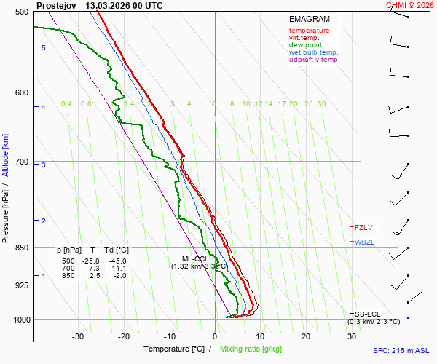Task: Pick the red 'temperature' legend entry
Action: [309, 31]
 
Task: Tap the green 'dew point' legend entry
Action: [305, 45]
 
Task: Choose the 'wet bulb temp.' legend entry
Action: [313, 52]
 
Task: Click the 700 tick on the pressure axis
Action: [21, 162]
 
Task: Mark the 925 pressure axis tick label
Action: [21, 285]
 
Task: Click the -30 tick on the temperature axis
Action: [78, 336]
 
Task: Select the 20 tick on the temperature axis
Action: [306, 336]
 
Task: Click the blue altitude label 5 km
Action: [44, 47]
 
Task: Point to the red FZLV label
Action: [363, 227]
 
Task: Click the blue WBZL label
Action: [364, 242]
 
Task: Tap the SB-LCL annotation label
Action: [367, 314]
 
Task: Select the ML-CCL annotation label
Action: [195, 258]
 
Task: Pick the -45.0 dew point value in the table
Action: [117, 261]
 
